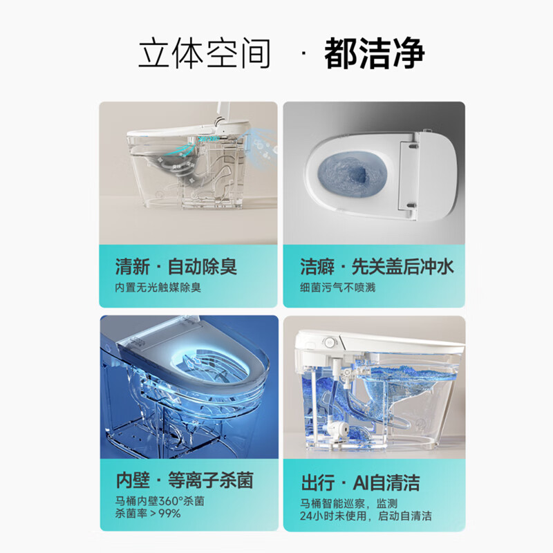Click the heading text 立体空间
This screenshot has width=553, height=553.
(204, 54)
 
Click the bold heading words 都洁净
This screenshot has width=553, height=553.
(374, 54)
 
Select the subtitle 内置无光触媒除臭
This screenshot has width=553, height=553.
(158, 287)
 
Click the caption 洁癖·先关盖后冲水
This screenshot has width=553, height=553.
(377, 266)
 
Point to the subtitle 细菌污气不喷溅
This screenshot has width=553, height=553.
(337, 287)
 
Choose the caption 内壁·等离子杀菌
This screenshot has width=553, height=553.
(184, 481)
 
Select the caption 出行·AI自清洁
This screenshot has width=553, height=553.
(360, 481)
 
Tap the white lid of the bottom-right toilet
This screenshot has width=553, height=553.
(373, 340)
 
